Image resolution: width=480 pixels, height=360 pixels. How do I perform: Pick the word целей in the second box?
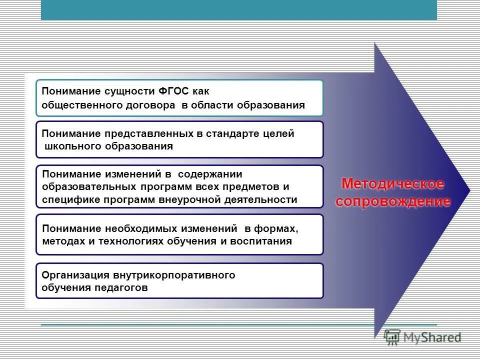coord(280,134)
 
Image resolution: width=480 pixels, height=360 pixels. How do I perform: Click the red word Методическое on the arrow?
coord(392,184)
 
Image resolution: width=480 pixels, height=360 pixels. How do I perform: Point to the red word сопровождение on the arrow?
coord(393,201)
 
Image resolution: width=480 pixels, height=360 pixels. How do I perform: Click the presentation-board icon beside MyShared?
coord(392,337)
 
